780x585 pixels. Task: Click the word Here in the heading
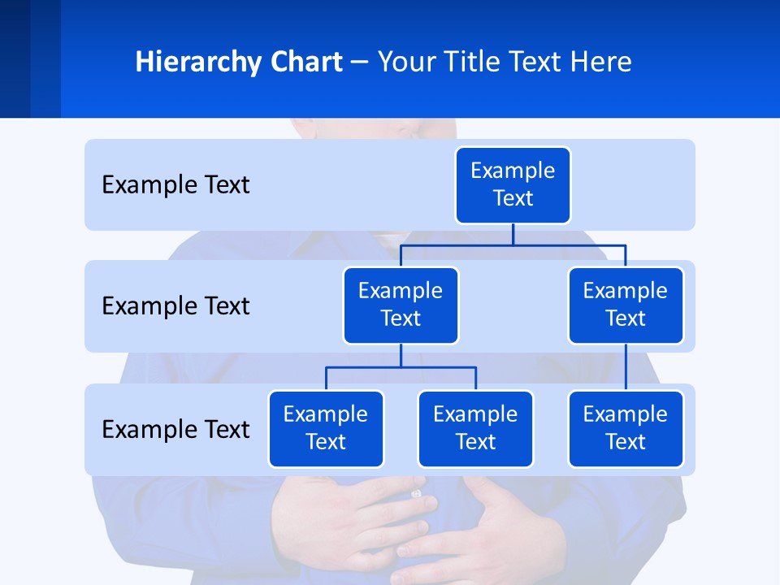601,63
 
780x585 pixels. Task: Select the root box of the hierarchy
513,185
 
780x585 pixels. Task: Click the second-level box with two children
401,305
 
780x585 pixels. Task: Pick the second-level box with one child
626,305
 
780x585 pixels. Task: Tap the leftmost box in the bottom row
326,429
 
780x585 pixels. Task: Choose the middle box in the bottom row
475,429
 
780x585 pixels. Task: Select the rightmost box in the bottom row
626,429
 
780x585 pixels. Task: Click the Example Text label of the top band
175,185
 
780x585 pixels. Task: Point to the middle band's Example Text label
175,306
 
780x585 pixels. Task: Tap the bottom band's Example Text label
175,429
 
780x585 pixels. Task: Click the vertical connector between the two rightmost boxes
626,367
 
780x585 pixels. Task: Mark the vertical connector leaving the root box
513,234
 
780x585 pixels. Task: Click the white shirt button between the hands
417,493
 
